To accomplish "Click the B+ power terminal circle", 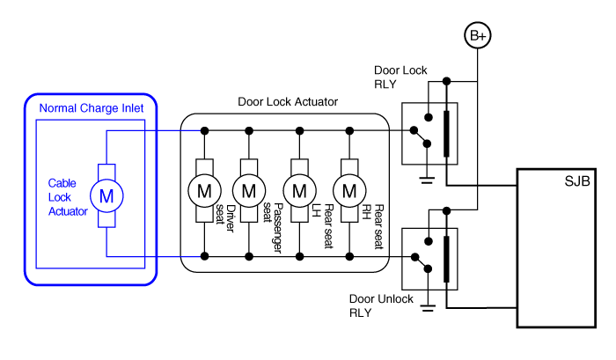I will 477,36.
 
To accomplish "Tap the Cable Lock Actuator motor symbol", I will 106,195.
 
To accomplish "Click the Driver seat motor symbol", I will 204,189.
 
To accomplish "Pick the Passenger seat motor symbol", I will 250,189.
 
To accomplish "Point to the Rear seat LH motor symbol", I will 300,189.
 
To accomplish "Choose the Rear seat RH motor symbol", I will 349,189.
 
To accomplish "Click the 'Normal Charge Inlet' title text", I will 92,108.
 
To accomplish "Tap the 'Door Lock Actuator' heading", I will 288,102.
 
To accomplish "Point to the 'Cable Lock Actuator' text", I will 68,197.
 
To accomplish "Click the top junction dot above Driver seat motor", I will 204,130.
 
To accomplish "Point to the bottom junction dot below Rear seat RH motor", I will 349,256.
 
